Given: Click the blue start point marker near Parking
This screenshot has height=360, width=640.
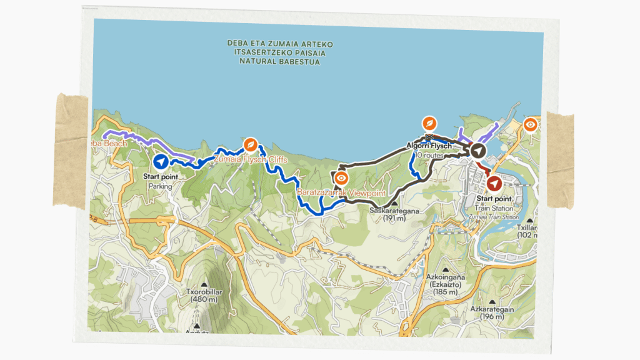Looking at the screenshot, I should click(x=161, y=162).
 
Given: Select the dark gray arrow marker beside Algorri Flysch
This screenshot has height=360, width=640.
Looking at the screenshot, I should click(x=477, y=151).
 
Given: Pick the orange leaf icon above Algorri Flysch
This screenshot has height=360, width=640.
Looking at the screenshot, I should click(x=429, y=122).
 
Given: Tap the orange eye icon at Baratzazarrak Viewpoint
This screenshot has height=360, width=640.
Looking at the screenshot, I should click(x=341, y=178).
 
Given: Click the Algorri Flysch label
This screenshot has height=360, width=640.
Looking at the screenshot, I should click(x=429, y=145).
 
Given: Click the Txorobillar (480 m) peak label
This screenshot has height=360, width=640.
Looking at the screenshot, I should click(x=192, y=294).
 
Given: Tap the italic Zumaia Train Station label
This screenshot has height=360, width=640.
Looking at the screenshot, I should click(x=494, y=217).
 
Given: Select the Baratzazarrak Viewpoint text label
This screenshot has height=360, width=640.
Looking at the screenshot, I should click(x=341, y=192).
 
